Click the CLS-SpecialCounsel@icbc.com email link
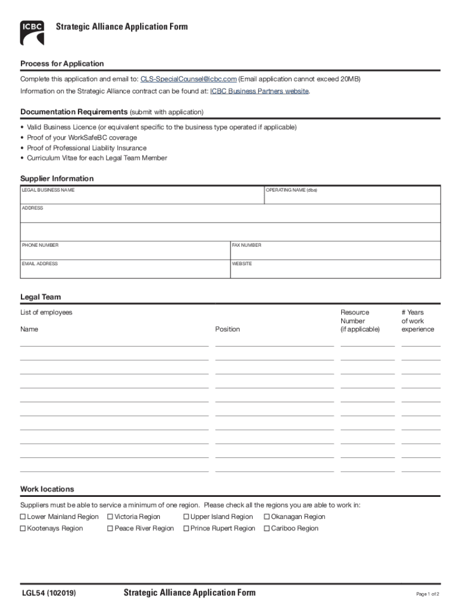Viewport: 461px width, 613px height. pos(189,79)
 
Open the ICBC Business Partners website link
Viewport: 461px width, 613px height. pos(259,91)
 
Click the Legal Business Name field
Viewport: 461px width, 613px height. pos(142,197)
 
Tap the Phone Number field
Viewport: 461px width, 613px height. pos(125,252)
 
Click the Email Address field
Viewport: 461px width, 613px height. pos(125,271)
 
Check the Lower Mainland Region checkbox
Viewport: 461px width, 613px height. pos(23,517)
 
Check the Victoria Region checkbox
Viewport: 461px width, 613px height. pos(111,517)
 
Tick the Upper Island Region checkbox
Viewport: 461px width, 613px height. pos(186,517)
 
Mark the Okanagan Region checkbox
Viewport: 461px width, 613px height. pos(267,517)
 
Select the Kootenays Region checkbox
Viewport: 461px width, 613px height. pos(23,529)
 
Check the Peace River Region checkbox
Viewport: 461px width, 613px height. pos(111,529)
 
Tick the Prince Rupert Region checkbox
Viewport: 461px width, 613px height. pos(186,529)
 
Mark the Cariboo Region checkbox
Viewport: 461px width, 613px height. pos(267,529)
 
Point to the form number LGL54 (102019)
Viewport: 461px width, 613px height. pos(48,593)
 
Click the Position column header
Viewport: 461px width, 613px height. pos(228,329)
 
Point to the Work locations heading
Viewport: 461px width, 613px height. pos(47,489)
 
